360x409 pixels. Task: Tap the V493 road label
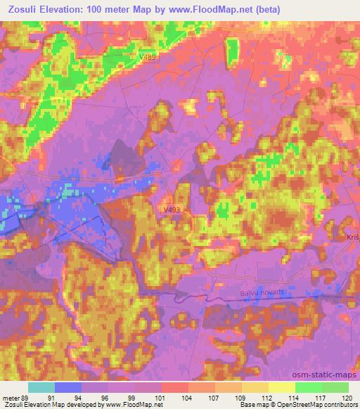(171, 209)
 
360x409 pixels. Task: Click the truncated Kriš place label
(352, 239)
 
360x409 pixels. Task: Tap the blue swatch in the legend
(68, 387)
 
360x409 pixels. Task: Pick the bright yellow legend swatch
(282, 387)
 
